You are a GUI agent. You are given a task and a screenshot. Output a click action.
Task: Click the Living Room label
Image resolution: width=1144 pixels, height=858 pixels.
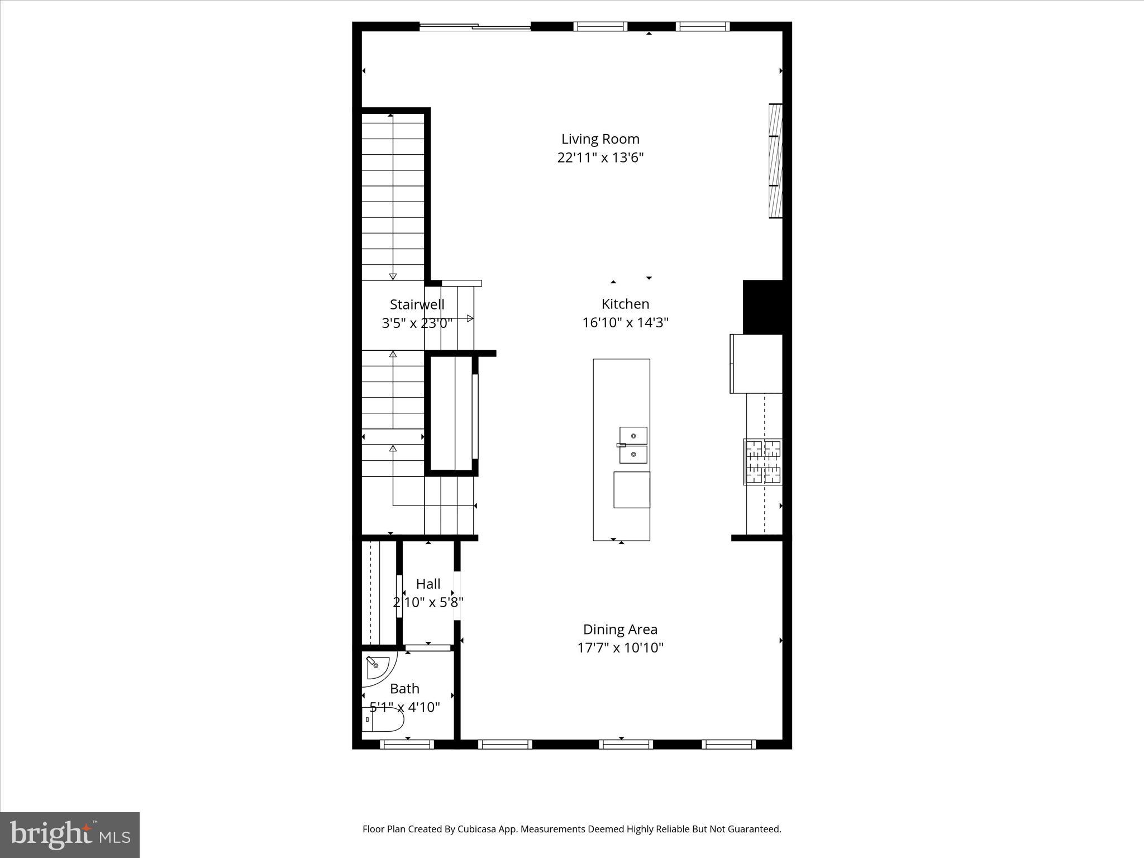coord(600,139)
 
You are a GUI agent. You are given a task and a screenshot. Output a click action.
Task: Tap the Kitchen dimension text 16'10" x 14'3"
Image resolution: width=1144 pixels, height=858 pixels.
coord(625,322)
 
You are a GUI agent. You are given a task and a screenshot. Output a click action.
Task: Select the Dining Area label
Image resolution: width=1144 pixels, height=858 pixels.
coord(620,629)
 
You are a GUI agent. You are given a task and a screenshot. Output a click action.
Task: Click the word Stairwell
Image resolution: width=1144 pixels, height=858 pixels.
coord(417,304)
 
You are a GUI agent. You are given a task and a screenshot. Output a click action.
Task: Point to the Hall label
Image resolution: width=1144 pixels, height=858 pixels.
coord(428,584)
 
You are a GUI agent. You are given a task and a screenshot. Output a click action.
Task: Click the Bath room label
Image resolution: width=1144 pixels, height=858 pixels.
coord(404,688)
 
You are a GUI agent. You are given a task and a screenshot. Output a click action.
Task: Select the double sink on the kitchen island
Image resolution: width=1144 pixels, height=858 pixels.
coord(633,445)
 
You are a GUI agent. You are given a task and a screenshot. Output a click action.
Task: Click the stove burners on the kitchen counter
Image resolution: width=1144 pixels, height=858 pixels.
coord(762,461)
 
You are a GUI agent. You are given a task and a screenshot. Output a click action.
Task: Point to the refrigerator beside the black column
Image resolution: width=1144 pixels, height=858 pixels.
coord(756,364)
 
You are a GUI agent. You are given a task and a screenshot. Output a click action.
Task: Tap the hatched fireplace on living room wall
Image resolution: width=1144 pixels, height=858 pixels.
coord(775,161)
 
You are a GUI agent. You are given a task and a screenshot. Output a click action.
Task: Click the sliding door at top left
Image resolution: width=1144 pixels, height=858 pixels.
coord(475,26)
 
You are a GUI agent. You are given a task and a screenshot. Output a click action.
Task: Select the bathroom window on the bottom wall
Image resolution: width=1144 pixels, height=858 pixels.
coord(407,744)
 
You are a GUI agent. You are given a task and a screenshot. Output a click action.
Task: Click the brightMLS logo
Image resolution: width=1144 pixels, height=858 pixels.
coord(70,835)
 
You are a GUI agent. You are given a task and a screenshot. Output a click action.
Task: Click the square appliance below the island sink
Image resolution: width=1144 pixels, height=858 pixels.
coord(631,490)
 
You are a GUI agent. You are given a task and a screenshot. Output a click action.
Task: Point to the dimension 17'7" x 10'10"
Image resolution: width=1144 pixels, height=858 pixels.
coord(620,648)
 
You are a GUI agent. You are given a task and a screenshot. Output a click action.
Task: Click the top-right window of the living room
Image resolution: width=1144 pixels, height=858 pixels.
coord(702,26)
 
